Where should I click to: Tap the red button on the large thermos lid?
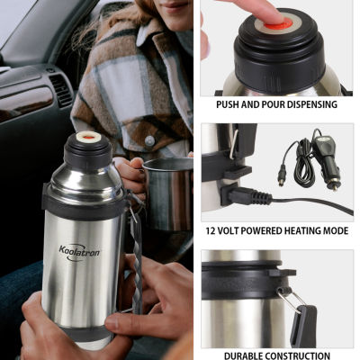pos(88,138)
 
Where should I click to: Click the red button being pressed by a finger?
pos(276,24)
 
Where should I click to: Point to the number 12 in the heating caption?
pos(211,230)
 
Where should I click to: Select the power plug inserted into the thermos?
pos(247,196)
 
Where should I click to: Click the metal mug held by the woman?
pos(169,192)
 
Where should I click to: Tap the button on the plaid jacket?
pos(149,140)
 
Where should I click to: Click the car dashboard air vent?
pos(61,90)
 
